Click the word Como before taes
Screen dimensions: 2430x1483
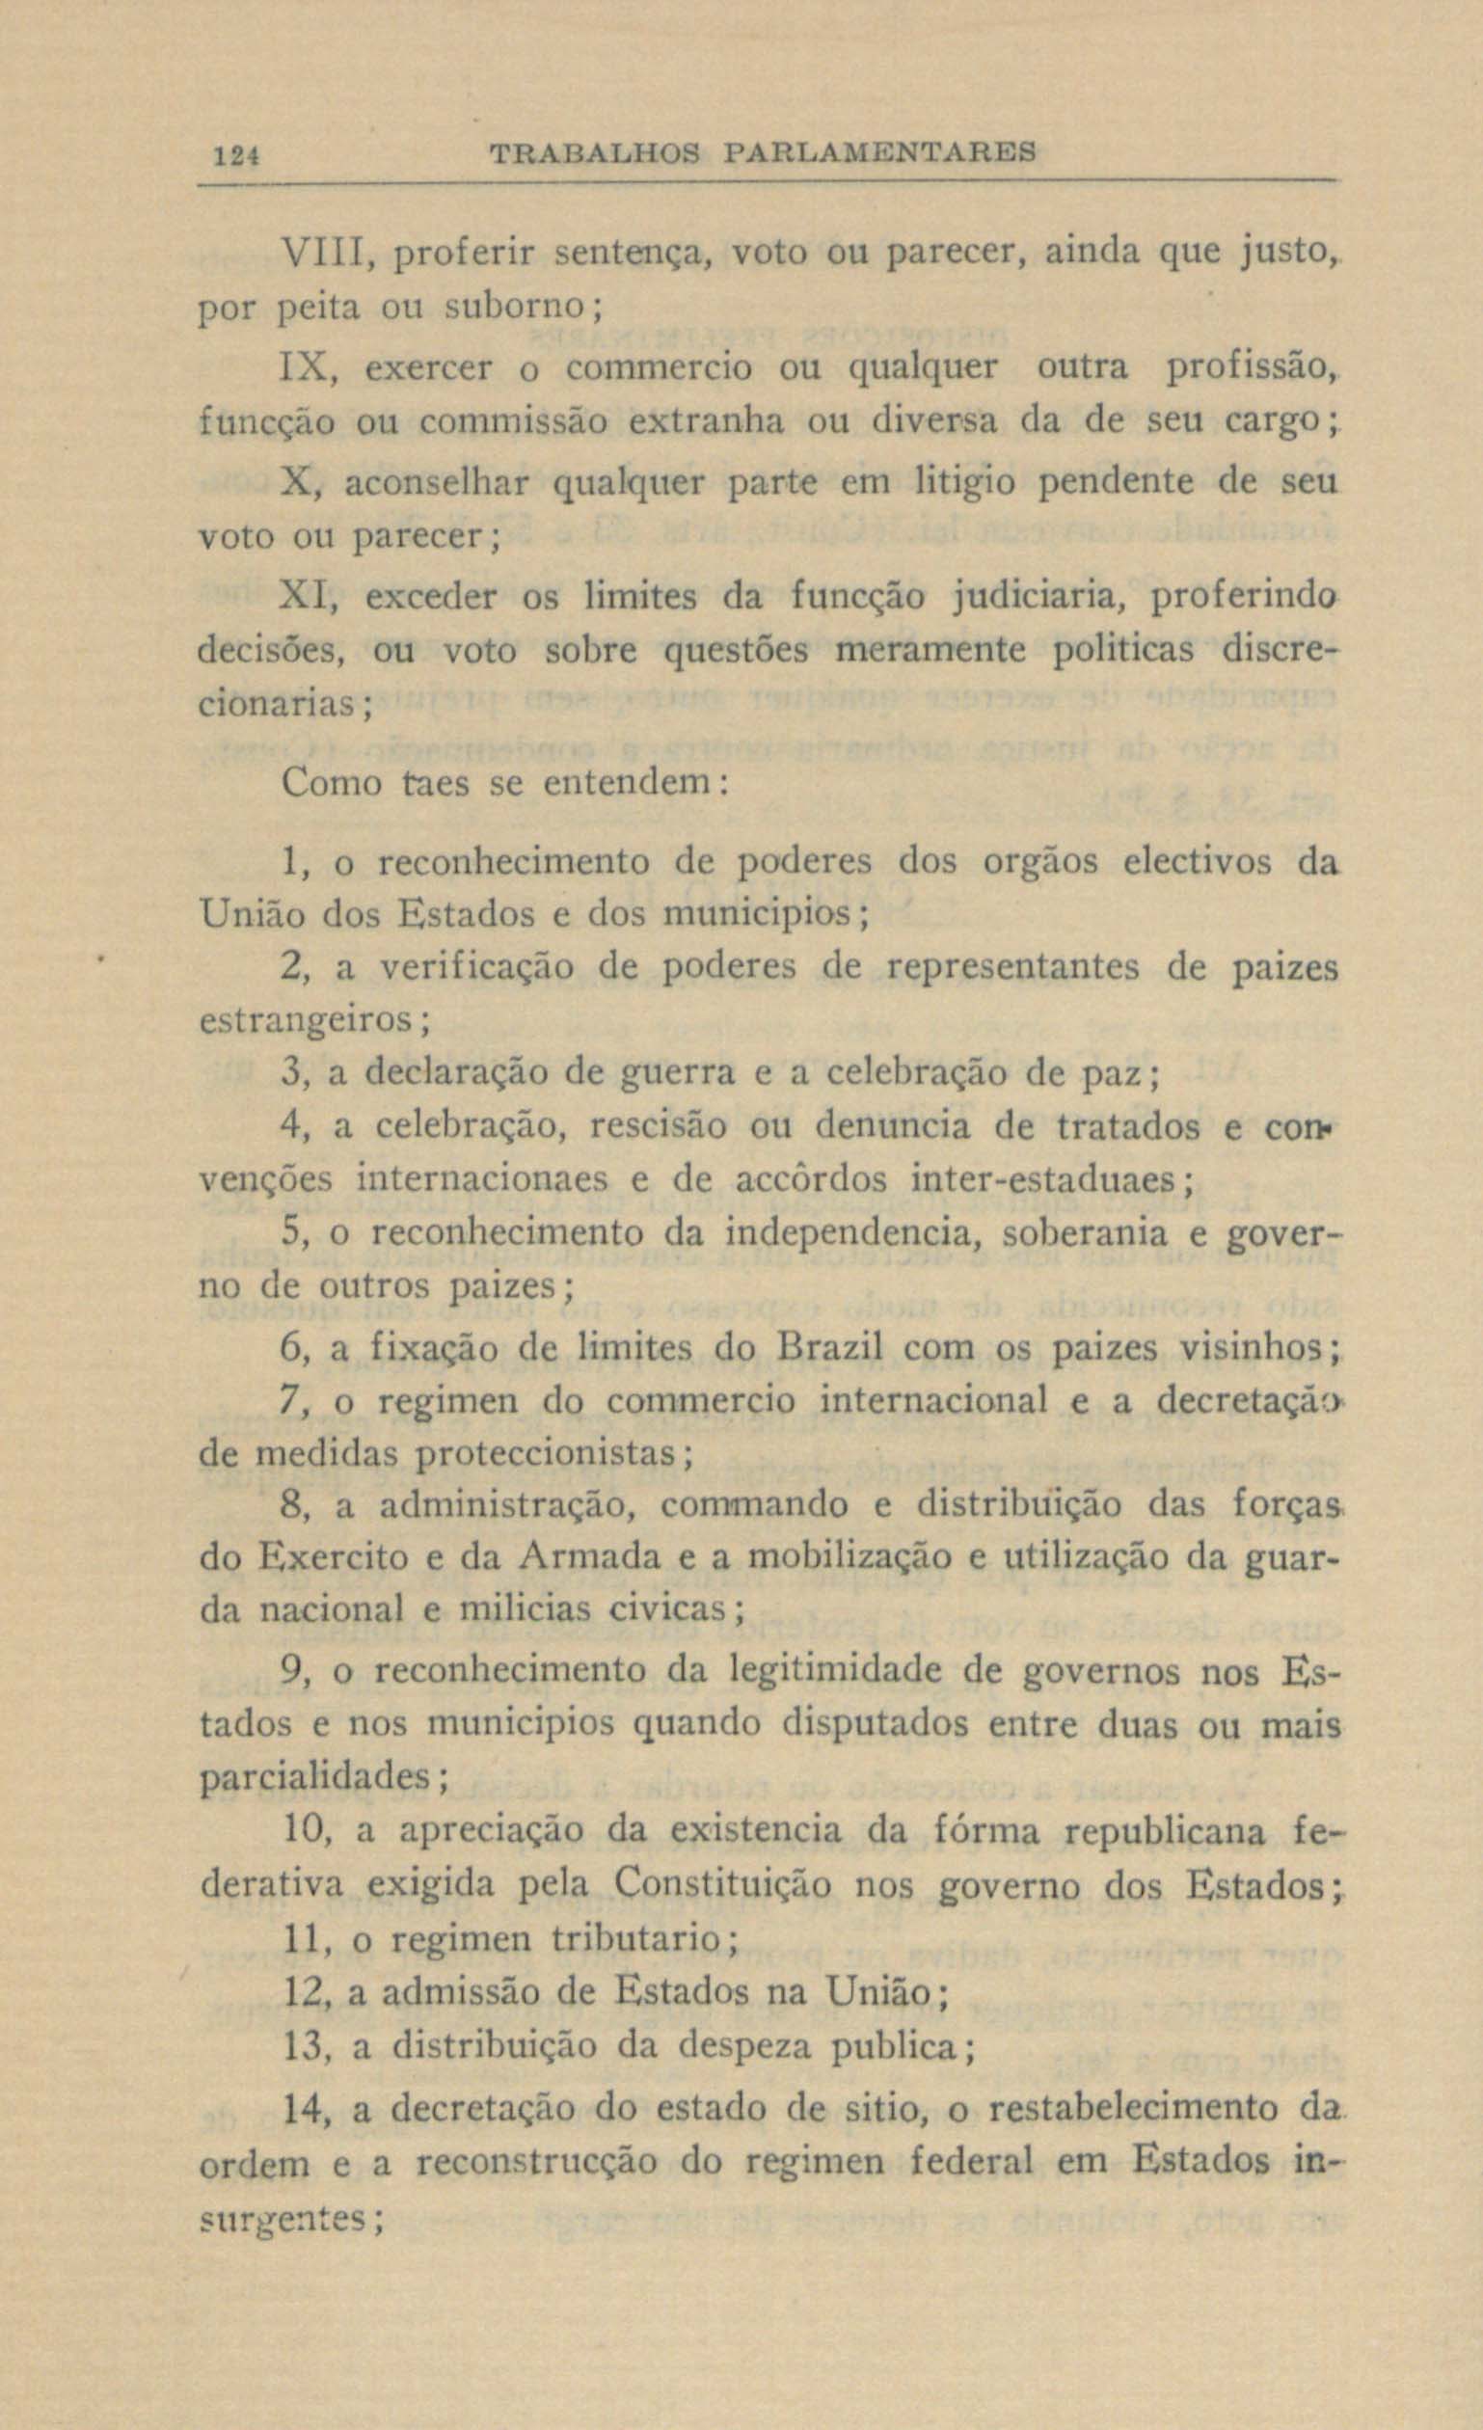(x=331, y=783)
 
